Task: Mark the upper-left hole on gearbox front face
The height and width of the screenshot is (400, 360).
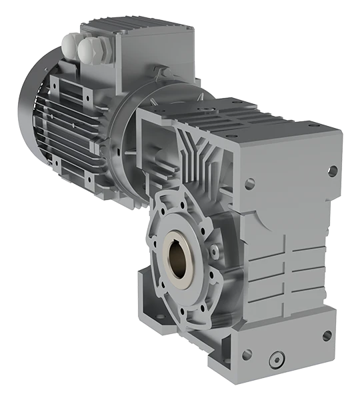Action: coord(249,181)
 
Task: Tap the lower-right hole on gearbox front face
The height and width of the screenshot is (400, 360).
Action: coord(327,336)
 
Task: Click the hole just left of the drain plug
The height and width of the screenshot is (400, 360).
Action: coord(247,355)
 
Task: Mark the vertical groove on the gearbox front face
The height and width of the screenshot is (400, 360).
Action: coord(286,267)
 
